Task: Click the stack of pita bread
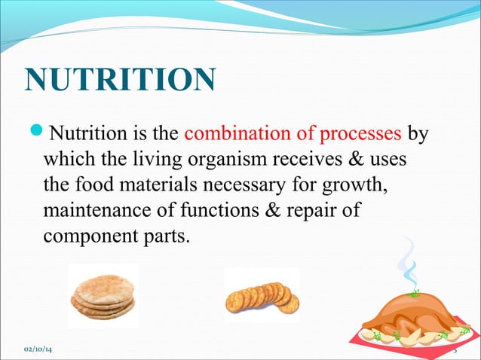pos(103,294)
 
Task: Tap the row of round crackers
pos(262,297)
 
